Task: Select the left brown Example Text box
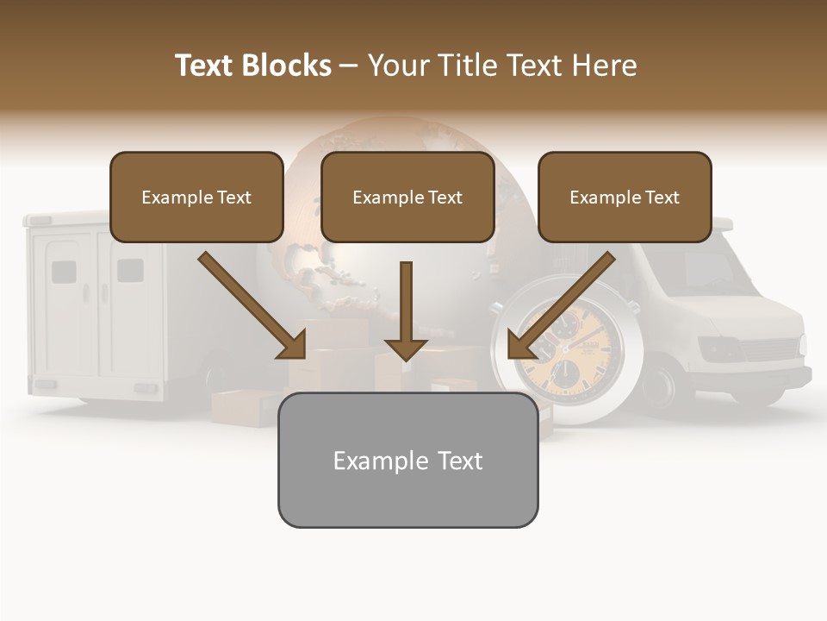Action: [196, 198]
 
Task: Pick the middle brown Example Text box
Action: [407, 198]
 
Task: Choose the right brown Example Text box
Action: [625, 198]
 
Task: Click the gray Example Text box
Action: [407, 461]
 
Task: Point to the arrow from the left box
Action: [252, 305]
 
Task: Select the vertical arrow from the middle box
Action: [406, 310]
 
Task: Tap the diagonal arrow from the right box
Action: [561, 305]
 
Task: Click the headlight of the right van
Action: [718, 350]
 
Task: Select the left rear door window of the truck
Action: [64, 272]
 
